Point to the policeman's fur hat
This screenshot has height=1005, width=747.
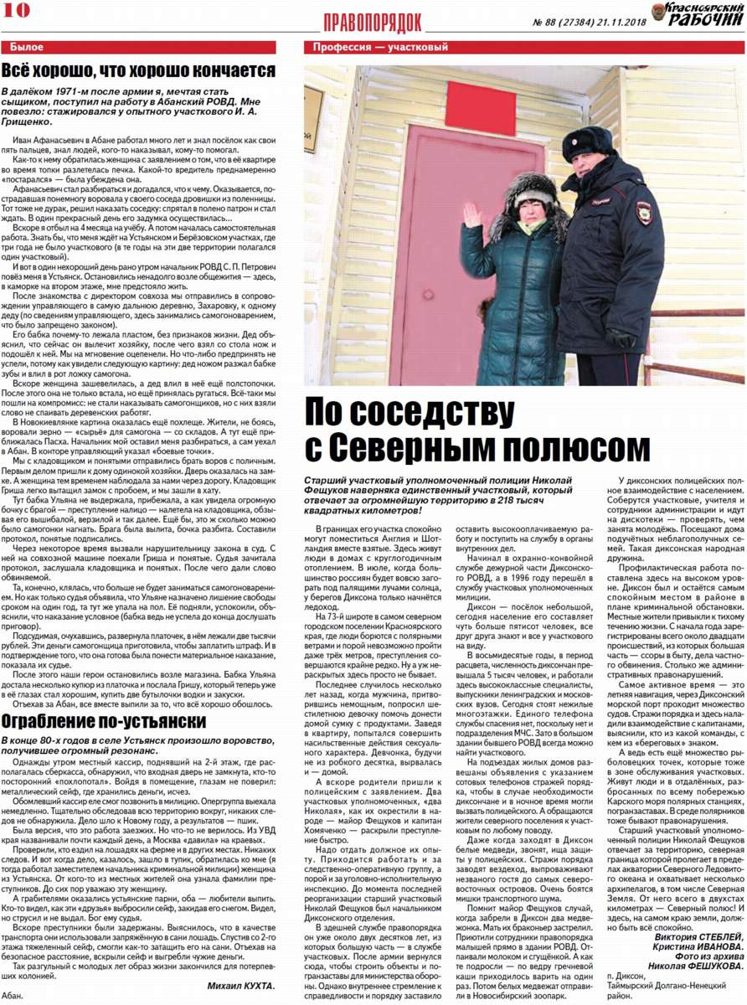pos(588,142)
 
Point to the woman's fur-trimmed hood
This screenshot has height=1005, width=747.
pos(529,198)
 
